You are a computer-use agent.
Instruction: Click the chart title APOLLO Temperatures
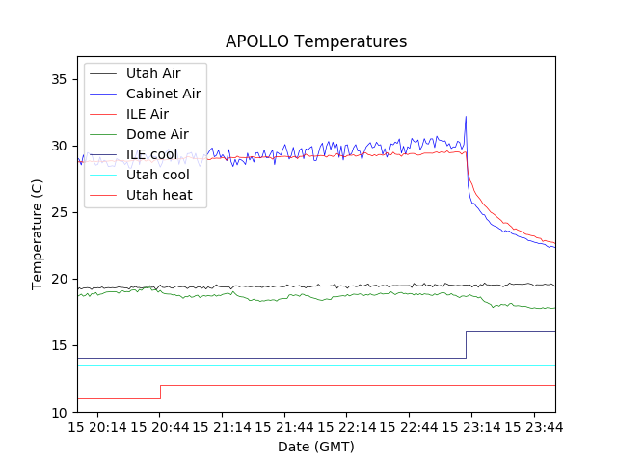click(x=316, y=41)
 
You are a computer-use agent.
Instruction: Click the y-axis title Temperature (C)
click(x=37, y=233)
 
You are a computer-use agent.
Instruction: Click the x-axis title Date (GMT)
click(x=316, y=447)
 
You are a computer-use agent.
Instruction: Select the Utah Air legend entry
click(x=152, y=73)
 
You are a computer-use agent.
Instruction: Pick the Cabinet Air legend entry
click(x=163, y=94)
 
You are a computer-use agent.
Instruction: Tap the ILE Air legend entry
click(x=147, y=114)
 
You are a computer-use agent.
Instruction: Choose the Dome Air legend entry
click(x=157, y=134)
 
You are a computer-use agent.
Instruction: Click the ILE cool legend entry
click(x=151, y=154)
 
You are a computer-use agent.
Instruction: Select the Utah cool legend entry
click(x=157, y=175)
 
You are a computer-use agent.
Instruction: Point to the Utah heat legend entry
click(x=159, y=195)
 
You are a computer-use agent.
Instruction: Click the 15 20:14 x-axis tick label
click(x=97, y=426)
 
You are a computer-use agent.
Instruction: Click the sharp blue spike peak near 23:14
click(x=466, y=117)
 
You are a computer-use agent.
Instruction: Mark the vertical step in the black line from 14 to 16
click(x=467, y=345)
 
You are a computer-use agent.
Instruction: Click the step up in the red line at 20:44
click(x=160, y=392)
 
